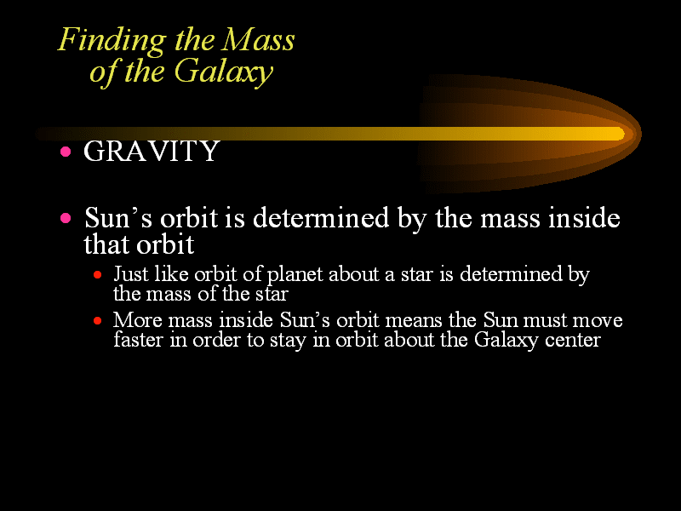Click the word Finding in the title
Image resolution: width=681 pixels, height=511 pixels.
[x=112, y=41]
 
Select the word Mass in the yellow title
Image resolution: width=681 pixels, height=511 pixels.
[x=259, y=40]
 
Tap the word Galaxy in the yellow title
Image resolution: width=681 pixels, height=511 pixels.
[x=224, y=72]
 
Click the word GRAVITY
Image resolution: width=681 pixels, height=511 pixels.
[x=152, y=152]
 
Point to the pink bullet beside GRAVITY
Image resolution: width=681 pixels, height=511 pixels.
[x=66, y=152]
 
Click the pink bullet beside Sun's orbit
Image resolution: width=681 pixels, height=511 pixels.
[x=66, y=218]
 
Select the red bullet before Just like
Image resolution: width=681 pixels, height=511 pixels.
[x=97, y=274]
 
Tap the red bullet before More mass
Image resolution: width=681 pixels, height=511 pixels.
[x=97, y=321]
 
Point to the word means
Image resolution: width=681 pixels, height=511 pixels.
[x=414, y=321]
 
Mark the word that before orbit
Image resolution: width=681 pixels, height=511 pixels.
[x=108, y=244]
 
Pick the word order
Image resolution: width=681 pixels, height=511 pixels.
[x=216, y=339]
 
